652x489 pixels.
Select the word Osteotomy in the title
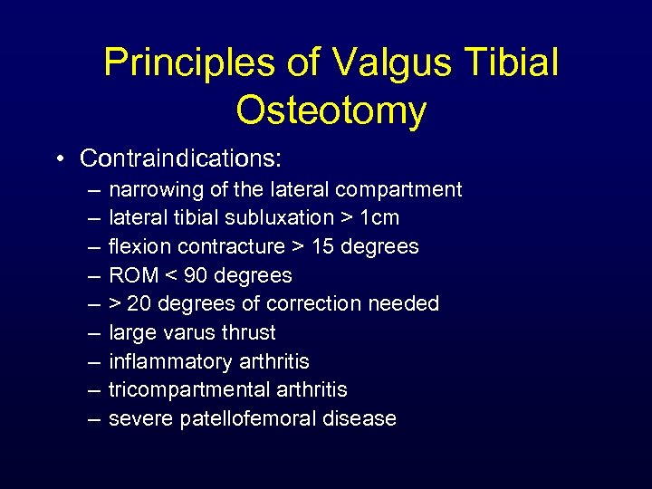331,110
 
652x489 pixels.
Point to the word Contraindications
181,158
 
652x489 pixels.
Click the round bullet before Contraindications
60,159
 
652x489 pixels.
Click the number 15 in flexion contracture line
328,246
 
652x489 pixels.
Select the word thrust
249,332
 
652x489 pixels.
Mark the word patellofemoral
258,418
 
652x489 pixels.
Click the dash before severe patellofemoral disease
95,418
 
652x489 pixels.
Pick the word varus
192,332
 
